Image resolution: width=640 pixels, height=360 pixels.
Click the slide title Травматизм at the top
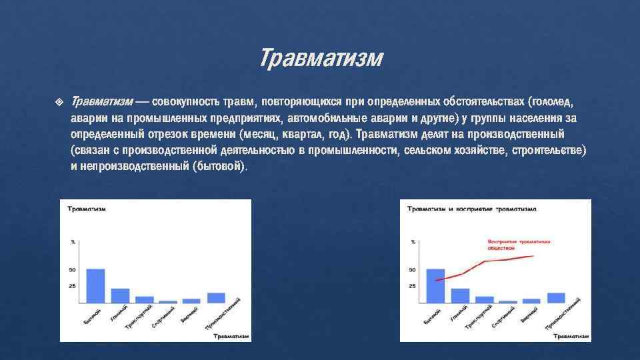[x=321, y=59]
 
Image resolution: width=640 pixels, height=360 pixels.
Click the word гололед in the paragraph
[x=550, y=102]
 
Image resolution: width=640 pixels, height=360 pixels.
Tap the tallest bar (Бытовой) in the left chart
[x=95, y=285]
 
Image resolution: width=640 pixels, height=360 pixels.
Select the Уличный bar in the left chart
[x=120, y=295]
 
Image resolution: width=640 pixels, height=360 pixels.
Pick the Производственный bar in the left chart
[x=216, y=297]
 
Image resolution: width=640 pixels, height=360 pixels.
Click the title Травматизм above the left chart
[x=85, y=209]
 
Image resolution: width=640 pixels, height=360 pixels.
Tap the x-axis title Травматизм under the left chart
[x=231, y=337]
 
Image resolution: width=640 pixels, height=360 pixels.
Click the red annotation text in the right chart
[x=511, y=244]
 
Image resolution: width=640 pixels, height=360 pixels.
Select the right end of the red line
[x=533, y=256]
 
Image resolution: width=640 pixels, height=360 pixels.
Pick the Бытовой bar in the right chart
[x=435, y=285]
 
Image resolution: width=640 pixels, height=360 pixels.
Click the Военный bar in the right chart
[x=531, y=301]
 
